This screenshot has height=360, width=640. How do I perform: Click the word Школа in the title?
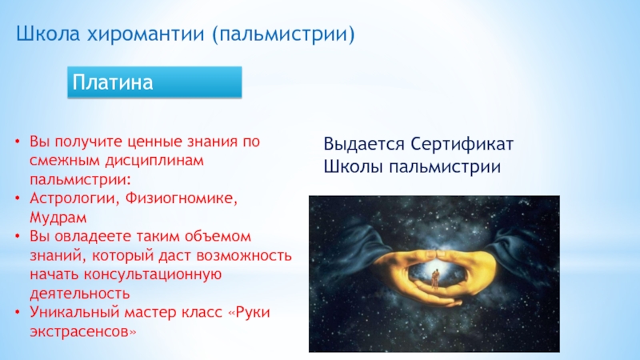48,34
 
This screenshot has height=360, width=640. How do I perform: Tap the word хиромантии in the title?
146,34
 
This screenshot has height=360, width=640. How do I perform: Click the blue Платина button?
154,82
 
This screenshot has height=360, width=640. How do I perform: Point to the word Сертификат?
462,145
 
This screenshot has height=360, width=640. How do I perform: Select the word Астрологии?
74,198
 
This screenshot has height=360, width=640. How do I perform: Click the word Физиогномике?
182,198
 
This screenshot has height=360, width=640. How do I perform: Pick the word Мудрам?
58,218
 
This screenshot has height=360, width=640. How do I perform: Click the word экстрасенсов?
83,331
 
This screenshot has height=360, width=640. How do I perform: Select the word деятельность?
79,293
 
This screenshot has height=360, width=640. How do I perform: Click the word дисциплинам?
154,161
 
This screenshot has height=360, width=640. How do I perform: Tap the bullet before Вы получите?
17,142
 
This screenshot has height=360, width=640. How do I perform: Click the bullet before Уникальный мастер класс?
17,312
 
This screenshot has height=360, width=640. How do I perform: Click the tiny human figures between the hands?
435,278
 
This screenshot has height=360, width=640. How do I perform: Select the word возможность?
244,255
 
